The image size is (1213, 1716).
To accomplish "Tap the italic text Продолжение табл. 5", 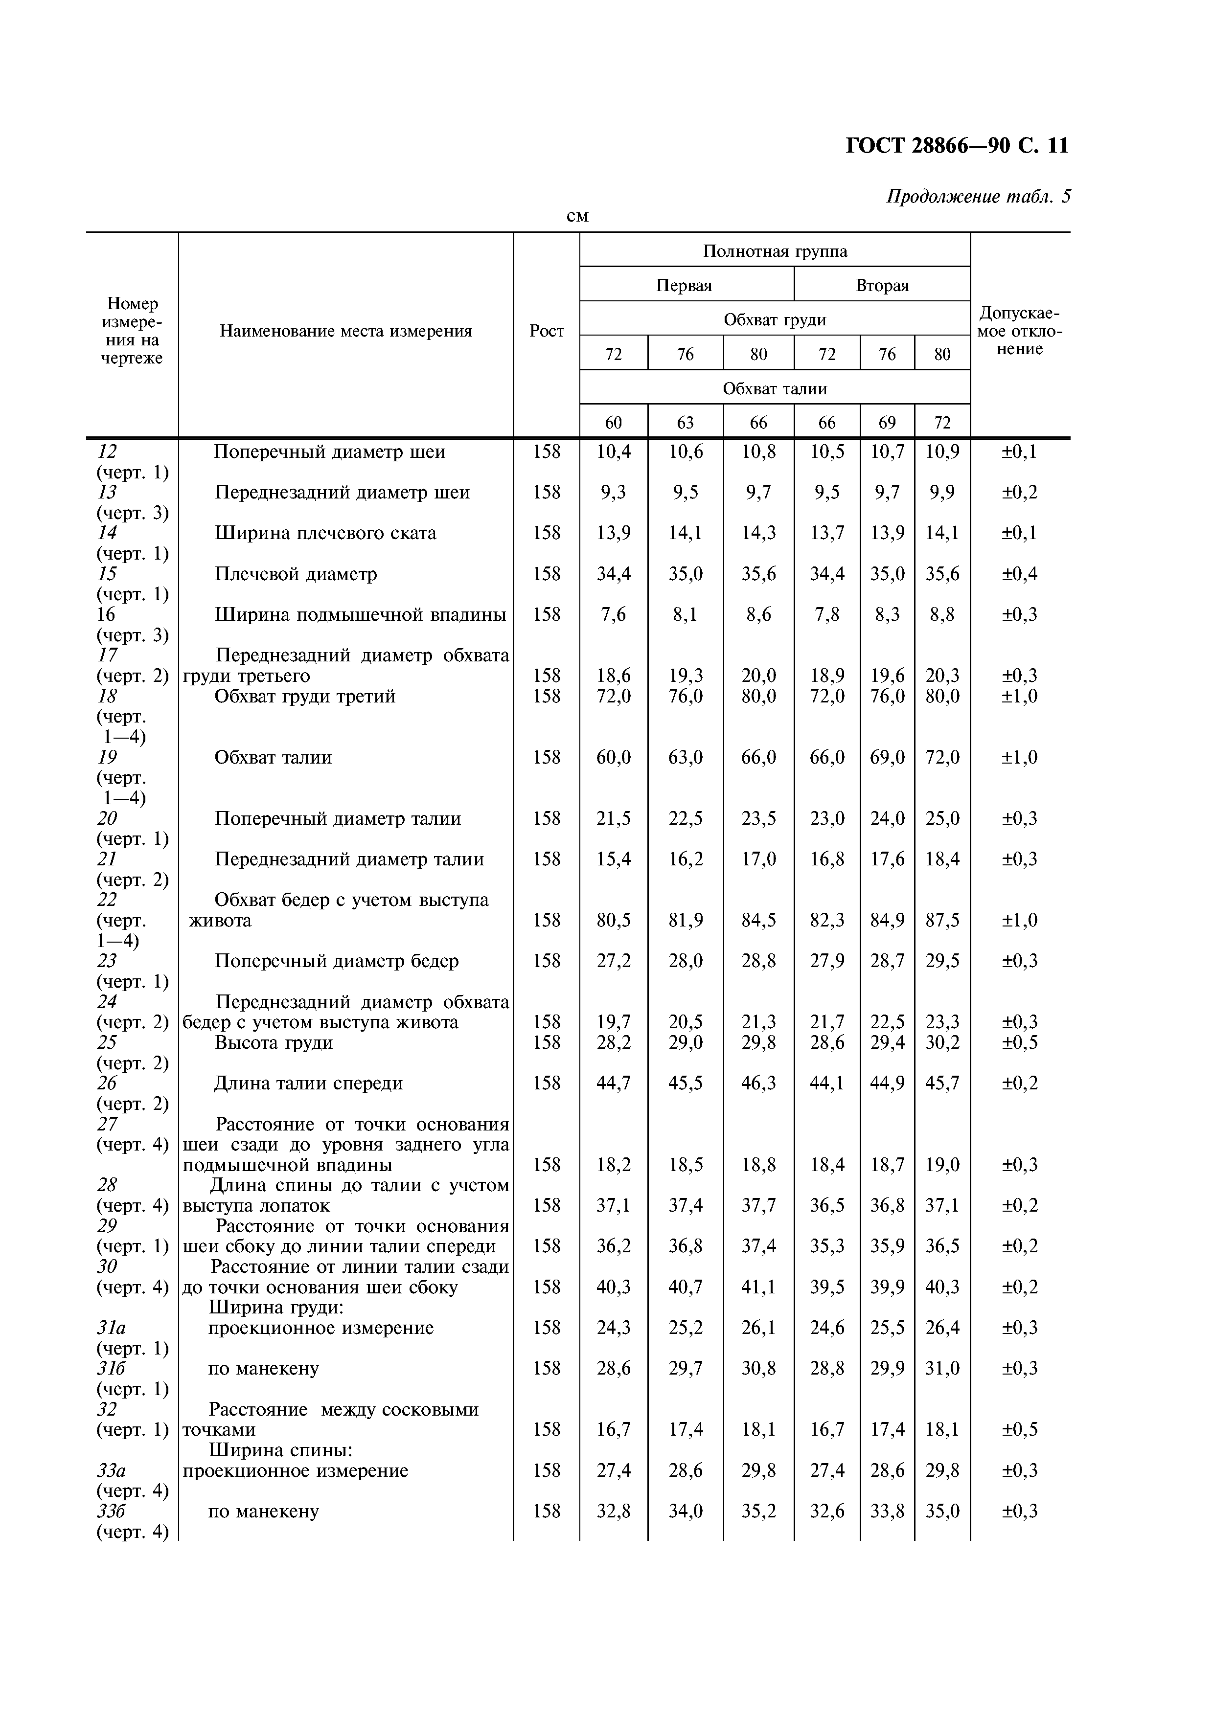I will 978,197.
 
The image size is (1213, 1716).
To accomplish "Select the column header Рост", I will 547,331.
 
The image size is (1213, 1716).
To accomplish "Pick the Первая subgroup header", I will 684,286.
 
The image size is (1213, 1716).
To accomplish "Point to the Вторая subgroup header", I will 882,286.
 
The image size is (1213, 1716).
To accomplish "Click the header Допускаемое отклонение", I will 1019,331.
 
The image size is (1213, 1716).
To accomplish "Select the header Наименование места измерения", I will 345,331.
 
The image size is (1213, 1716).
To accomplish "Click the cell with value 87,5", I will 942,920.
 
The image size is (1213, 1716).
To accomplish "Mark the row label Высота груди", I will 274,1042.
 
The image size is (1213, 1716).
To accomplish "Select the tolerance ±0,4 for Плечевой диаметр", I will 1019,574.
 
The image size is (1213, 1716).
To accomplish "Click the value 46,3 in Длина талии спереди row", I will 758,1083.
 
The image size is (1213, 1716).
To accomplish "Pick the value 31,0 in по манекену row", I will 942,1369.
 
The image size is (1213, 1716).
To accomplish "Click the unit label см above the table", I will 577,217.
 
